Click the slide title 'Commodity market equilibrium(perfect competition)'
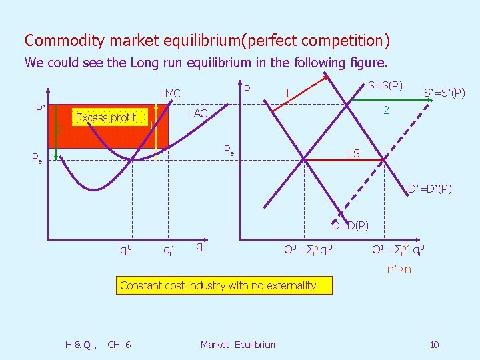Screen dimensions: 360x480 point(207,41)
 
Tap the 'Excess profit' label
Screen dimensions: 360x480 point(106,117)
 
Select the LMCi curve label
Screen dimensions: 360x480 point(171,95)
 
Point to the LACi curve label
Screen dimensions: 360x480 point(198,114)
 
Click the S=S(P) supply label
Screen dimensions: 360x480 point(385,87)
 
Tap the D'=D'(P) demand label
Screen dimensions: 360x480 point(430,189)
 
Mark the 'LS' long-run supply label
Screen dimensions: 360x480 point(353,153)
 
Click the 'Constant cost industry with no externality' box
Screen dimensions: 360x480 point(218,285)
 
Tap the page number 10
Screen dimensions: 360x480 point(434,344)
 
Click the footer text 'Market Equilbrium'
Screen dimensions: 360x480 point(239,344)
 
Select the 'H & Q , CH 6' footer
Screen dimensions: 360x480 point(98,344)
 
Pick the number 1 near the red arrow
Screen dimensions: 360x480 point(286,94)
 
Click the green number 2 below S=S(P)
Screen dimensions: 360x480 point(385,109)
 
